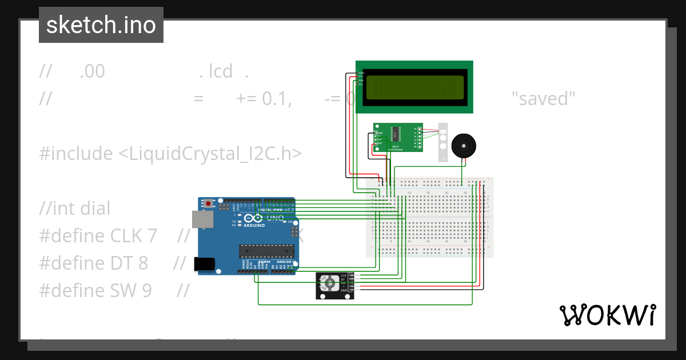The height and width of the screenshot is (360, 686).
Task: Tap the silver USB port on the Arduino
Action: click(200, 218)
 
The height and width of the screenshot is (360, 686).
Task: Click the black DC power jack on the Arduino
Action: click(204, 263)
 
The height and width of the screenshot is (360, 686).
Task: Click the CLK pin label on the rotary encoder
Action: click(344, 275)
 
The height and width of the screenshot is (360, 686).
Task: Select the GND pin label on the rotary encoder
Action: click(344, 291)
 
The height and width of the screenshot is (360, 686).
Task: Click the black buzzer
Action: click(462, 146)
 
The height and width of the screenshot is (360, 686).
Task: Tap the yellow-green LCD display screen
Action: click(414, 87)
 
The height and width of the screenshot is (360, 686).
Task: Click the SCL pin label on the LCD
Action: click(361, 84)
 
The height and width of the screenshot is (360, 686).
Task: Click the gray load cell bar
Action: click(444, 142)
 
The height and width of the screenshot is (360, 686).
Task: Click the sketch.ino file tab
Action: click(101, 25)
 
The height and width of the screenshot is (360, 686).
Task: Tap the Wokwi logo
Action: click(607, 315)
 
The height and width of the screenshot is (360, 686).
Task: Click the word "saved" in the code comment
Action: click(543, 99)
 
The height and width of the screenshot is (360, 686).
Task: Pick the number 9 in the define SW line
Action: click(146, 290)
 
